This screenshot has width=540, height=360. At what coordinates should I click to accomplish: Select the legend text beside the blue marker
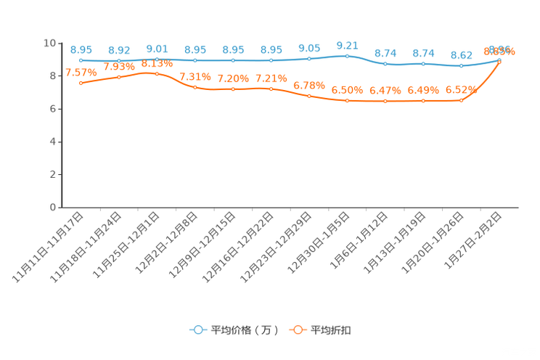(x=245, y=330)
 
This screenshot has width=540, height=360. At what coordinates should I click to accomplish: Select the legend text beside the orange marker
(x=332, y=330)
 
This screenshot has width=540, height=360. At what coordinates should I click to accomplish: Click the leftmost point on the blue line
(x=81, y=60)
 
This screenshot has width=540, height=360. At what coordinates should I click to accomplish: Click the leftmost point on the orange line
(x=81, y=83)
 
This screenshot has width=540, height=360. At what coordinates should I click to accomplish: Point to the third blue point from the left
(x=157, y=60)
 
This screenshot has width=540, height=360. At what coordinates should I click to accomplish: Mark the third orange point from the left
(x=157, y=73)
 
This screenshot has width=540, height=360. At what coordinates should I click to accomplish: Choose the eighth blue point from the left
(x=348, y=56)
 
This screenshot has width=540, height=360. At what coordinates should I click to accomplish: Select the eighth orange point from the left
(x=348, y=101)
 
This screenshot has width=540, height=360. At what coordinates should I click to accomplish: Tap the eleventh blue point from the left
(x=462, y=66)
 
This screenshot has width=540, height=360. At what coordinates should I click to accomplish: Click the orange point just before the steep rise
(x=462, y=100)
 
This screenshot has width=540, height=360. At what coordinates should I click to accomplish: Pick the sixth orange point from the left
(x=271, y=89)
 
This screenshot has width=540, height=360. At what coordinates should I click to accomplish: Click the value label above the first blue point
(x=81, y=49)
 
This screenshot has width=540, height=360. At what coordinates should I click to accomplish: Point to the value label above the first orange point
(x=81, y=72)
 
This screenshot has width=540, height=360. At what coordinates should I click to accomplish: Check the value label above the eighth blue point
(x=348, y=45)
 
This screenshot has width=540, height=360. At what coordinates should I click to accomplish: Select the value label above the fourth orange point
(x=195, y=76)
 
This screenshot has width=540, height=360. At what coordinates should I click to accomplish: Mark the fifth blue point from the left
(x=233, y=61)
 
